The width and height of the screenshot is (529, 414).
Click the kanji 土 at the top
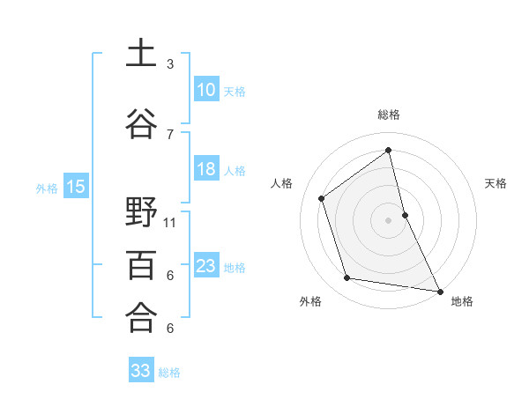coord(142,53)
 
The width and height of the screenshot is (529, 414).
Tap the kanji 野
coord(142,211)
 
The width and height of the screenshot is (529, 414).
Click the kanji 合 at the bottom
coord(142,316)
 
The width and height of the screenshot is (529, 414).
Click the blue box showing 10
coord(206,90)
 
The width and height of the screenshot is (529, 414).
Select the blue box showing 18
coord(206,169)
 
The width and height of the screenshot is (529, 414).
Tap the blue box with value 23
coord(206,266)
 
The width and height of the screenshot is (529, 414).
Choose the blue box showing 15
coord(76,187)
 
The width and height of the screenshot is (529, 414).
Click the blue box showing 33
coord(141,371)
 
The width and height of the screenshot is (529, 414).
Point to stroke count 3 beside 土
coord(170,64)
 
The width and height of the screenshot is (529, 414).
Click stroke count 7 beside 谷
coord(170,134)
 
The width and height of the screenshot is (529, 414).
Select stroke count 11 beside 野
coord(170,222)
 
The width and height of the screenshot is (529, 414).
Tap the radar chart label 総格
coord(389,115)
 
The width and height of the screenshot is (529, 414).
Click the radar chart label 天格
coord(496,183)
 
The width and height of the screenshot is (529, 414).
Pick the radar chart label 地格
coord(462,302)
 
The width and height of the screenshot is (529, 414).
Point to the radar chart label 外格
coord(310,302)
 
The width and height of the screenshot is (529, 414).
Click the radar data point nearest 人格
coord(322,198)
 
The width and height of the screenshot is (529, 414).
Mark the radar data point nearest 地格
coord(439,290)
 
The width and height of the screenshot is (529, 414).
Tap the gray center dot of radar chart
coord(388,219)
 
